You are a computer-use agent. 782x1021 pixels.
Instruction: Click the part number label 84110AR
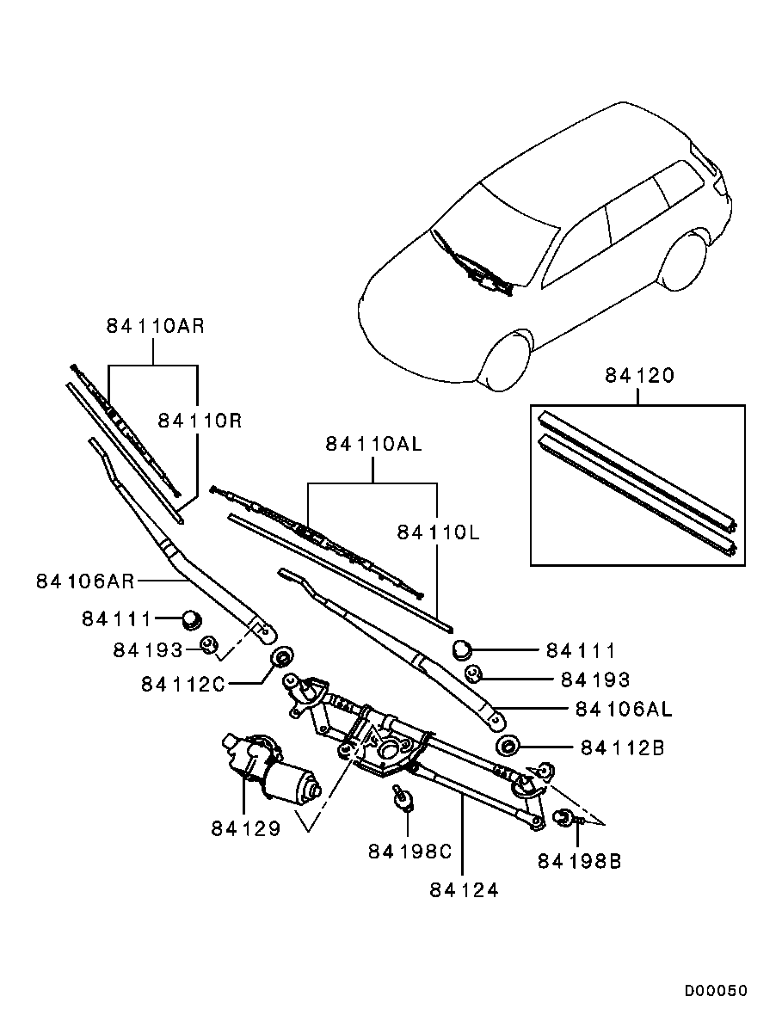(x=155, y=326)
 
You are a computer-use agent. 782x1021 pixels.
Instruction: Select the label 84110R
(x=199, y=420)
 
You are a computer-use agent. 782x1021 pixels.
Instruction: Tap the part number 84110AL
(x=374, y=444)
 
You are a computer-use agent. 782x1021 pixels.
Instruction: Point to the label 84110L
(x=438, y=533)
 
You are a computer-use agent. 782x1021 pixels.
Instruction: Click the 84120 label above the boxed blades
(x=638, y=376)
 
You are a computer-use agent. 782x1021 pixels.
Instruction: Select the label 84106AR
(x=85, y=581)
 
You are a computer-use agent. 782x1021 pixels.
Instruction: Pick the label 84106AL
(x=623, y=710)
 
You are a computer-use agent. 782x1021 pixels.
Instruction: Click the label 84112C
(x=182, y=684)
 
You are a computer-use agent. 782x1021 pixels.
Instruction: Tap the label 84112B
(x=622, y=748)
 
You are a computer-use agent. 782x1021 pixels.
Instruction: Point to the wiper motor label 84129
(x=245, y=828)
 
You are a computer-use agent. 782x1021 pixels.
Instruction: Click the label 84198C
(x=409, y=851)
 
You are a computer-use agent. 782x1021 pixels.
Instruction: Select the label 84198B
(x=579, y=860)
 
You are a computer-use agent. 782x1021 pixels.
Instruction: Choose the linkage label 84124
(x=464, y=890)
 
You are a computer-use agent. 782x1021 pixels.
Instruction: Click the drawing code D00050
(x=716, y=991)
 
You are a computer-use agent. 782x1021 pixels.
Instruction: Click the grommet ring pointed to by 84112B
(x=508, y=746)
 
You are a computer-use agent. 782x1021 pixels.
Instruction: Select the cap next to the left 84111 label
(x=190, y=617)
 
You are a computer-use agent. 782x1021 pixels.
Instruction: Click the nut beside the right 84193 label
(x=472, y=673)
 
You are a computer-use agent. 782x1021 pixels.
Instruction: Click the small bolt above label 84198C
(x=400, y=796)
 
